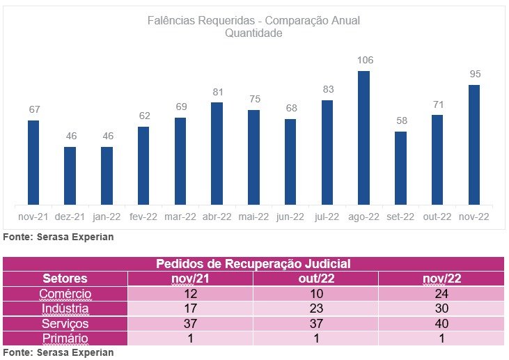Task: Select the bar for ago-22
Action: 363,137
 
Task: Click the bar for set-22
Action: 400,168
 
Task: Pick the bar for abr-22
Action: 217,153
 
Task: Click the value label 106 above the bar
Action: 364,60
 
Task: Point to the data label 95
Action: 476,74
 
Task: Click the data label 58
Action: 400,120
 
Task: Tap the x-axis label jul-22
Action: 327,217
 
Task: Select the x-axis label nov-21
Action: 33,217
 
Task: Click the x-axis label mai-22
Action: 253,217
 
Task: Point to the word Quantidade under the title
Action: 253,33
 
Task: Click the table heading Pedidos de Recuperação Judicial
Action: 253,264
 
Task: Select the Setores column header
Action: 65,279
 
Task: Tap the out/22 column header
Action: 315,279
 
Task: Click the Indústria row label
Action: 65,308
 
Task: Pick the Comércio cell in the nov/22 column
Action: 441,294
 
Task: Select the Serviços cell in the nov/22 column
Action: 441,324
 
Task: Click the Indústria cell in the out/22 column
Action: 315,308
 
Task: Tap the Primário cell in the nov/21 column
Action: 190,338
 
